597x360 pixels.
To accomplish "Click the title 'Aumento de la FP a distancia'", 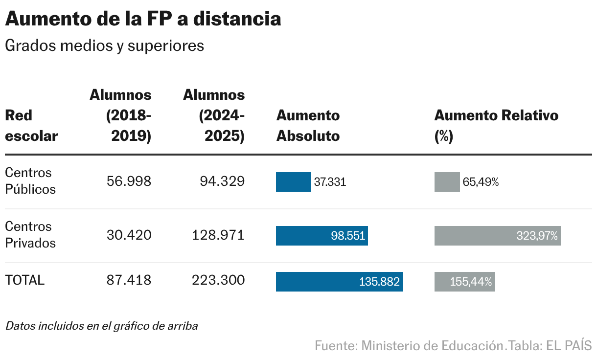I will click(143, 19).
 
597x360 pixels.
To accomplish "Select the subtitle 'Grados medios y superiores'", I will click(104, 46).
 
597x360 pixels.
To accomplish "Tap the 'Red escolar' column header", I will click(31, 126).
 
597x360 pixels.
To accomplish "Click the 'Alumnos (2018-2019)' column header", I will click(121, 115).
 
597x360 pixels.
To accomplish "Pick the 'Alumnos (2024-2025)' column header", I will click(214, 115).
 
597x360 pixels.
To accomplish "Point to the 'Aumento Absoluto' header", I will click(308, 126).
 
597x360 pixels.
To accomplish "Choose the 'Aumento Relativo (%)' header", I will click(496, 126).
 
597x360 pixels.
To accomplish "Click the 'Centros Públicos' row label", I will click(30, 181).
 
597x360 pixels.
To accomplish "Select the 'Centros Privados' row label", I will click(30, 235).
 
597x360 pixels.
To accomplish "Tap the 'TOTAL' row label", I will click(24, 280).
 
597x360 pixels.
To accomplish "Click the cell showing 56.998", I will click(129, 182).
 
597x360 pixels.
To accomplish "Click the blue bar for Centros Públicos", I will click(293, 182).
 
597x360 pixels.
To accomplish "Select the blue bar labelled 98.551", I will click(321, 236).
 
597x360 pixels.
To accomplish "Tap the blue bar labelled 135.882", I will click(339, 282).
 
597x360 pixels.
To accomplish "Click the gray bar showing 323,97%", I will click(497, 236).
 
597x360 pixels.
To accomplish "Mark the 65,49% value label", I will click(481, 182).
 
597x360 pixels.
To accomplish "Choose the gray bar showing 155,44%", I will click(464, 282).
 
